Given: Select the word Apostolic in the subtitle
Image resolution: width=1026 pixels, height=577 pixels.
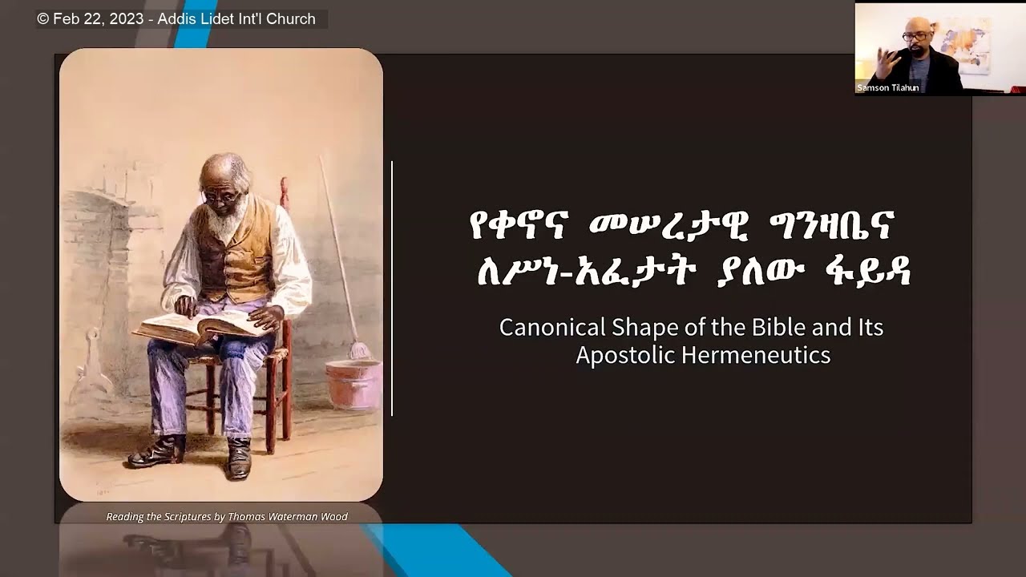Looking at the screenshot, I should [x=624, y=355].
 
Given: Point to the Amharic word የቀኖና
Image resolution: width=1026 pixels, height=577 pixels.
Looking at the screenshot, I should [x=519, y=228].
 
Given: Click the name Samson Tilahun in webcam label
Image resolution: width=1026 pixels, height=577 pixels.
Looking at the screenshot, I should [x=887, y=87].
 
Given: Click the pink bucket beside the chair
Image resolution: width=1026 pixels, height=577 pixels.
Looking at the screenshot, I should [x=353, y=383].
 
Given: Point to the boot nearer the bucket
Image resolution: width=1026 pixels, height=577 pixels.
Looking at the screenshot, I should [x=238, y=458].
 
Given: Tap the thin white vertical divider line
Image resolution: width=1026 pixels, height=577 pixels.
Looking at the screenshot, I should [x=392, y=288].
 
